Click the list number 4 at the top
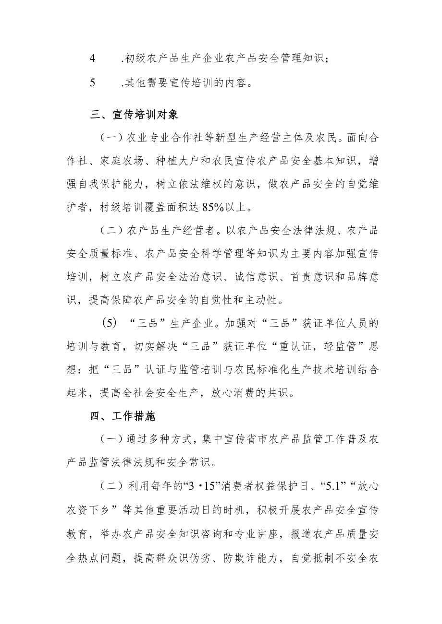tap(93, 59)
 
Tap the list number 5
tap(93, 82)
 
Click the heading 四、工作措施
tap(123, 416)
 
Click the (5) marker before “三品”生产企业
tap(110, 323)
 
